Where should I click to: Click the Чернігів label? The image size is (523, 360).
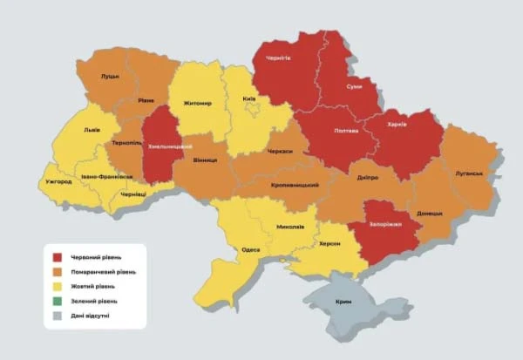(278, 58)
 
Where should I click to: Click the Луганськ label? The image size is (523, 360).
(468, 173)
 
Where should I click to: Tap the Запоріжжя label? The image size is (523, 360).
(384, 225)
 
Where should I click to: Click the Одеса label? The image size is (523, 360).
(250, 250)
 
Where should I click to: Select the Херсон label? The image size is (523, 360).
(329, 244)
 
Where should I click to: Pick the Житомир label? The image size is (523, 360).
(198, 103)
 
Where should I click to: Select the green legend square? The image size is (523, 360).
(57, 301)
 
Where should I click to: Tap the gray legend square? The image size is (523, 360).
(57, 316)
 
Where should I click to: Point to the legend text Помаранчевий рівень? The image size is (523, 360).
(104, 272)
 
